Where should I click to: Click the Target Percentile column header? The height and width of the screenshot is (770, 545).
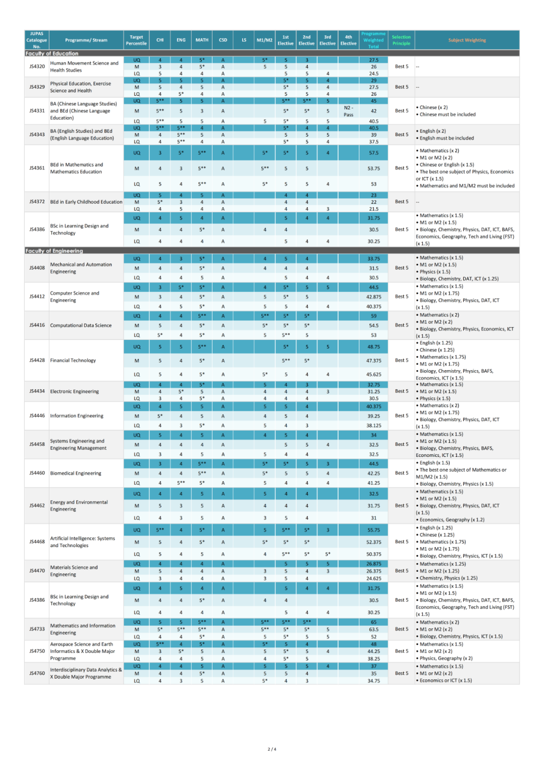(x=136, y=40)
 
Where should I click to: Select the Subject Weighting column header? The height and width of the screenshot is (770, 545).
(x=467, y=40)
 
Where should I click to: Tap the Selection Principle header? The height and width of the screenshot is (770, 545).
(x=401, y=40)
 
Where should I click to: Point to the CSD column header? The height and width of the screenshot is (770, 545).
(x=223, y=40)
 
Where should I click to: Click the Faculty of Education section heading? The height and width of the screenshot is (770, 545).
(x=52, y=53)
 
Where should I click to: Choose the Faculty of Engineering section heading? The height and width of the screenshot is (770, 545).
(x=54, y=251)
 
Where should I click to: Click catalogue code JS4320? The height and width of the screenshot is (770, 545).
(x=37, y=67)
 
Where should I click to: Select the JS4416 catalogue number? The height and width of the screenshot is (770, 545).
(x=37, y=325)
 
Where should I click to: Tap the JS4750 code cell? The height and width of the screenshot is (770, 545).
(x=37, y=651)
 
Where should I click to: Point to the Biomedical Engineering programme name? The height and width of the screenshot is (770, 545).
(x=76, y=473)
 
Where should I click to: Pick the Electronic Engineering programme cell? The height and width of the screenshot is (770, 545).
(x=75, y=391)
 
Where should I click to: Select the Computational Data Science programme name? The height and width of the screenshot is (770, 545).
(x=81, y=325)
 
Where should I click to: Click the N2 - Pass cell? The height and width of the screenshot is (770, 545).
(x=348, y=111)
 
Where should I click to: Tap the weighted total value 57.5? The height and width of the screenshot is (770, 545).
(x=373, y=153)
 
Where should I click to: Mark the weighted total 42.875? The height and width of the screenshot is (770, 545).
(x=373, y=297)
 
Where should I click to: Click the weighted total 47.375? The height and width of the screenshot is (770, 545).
(x=373, y=361)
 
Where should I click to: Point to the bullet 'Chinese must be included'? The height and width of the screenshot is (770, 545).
(x=448, y=114)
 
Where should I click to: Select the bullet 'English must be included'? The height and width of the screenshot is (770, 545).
(x=447, y=138)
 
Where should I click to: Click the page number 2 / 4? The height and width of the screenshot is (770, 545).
(x=272, y=749)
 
